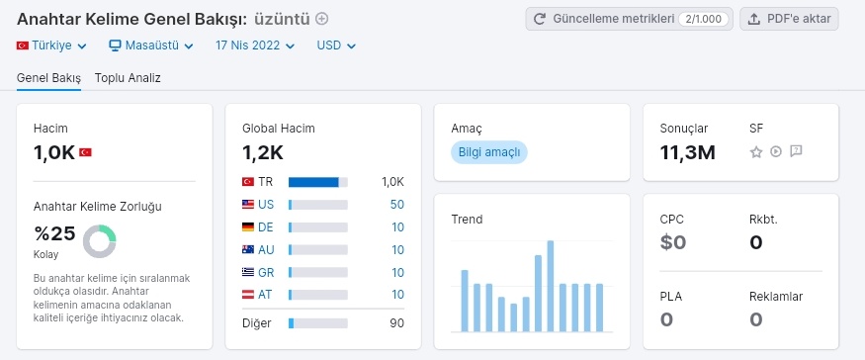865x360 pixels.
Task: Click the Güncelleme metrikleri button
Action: [x=629, y=19]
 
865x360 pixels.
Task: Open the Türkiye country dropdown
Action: [x=51, y=45]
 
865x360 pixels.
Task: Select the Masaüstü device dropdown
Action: [x=151, y=45]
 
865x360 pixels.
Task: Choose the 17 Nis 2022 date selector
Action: [x=255, y=45]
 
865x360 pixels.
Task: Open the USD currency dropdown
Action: [x=336, y=45]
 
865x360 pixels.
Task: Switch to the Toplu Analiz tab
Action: [x=128, y=78]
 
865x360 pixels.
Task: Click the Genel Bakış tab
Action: [x=48, y=78]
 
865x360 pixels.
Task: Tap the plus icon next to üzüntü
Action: [x=321, y=19]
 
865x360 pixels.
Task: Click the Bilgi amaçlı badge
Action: [x=488, y=152]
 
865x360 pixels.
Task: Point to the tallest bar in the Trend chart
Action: [x=550, y=286]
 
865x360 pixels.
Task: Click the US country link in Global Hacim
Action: [x=266, y=205]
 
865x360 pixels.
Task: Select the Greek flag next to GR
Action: [x=248, y=272]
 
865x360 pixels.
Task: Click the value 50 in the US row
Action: [x=397, y=205]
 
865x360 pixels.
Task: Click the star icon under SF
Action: [x=756, y=152]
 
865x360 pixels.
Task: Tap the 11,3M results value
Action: [x=687, y=152]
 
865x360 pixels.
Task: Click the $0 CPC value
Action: [x=673, y=242]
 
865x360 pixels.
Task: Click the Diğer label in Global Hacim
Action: [x=256, y=323]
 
